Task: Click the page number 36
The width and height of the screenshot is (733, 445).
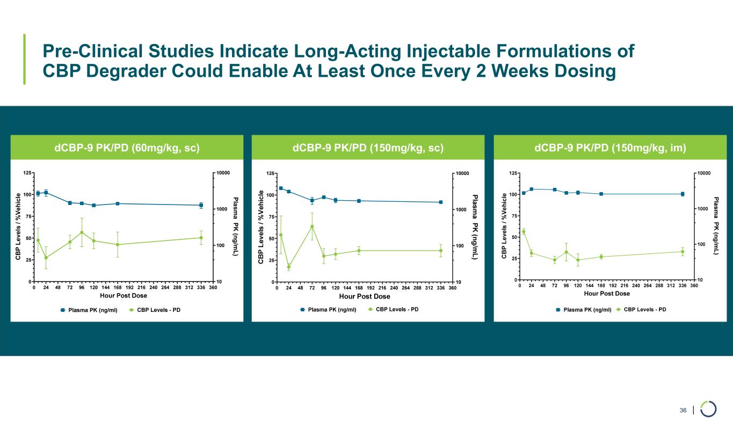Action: pos(683,411)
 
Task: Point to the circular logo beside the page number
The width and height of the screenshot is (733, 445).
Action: pos(708,409)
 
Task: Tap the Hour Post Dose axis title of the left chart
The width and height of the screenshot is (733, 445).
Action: pos(124,296)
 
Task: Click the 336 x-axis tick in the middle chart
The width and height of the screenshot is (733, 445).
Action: pos(441,288)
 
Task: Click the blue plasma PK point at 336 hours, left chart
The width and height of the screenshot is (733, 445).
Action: pos(201,205)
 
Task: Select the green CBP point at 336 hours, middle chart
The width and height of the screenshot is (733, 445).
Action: pos(441,251)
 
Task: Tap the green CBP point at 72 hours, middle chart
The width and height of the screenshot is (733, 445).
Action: pos(312,227)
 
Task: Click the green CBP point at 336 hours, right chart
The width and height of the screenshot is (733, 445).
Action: pos(683,252)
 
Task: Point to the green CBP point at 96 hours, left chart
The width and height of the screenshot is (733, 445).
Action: pos(82,232)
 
